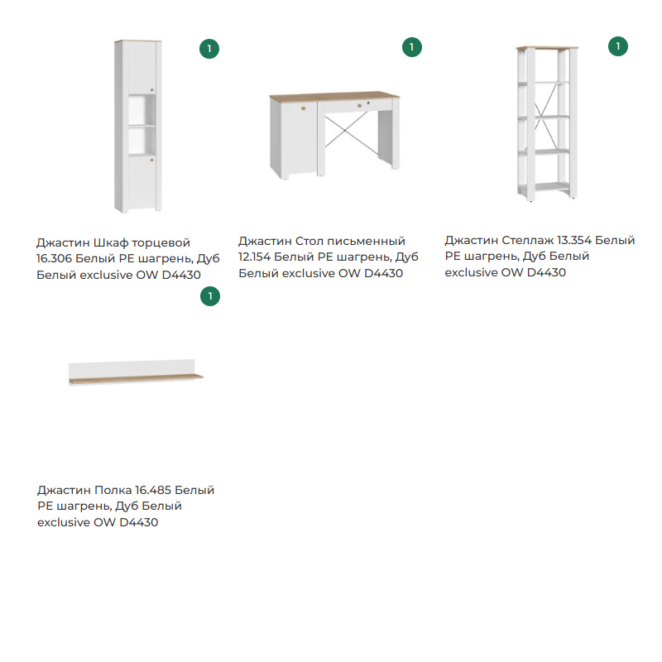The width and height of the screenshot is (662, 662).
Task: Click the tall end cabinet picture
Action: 138,126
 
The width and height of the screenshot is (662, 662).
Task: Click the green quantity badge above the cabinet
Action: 209,49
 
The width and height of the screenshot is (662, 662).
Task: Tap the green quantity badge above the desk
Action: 411,47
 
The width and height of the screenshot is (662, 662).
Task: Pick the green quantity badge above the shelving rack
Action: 617,46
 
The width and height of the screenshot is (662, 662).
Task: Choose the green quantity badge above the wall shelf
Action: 210,295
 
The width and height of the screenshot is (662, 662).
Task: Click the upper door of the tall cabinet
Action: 138,70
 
